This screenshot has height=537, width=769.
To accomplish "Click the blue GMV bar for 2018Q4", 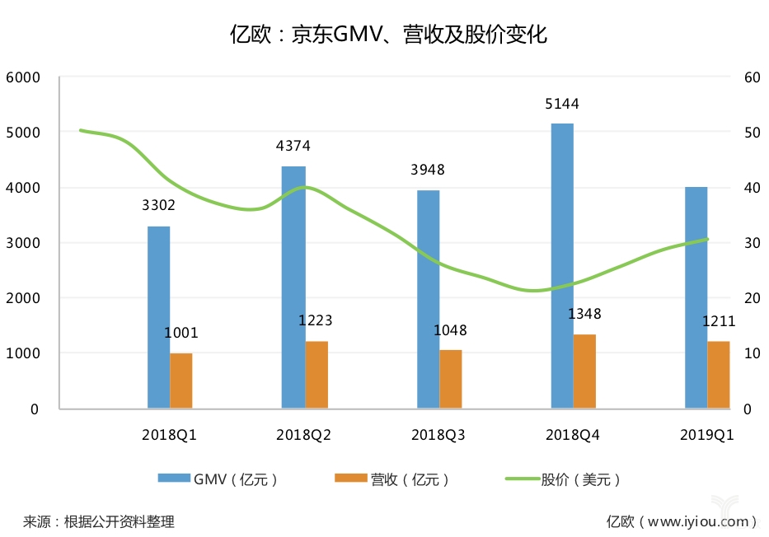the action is (562, 266).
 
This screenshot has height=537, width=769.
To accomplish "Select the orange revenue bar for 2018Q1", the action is (181, 381).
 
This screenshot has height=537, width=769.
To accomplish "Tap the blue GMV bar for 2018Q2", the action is (293, 287).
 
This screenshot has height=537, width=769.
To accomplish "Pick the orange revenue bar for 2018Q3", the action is (450, 379).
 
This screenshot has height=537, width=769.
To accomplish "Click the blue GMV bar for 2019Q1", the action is (696, 298).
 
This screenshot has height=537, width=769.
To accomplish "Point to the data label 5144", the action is (562, 104).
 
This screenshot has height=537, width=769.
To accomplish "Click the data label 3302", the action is (158, 205).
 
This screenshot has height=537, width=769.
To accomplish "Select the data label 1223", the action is (316, 320).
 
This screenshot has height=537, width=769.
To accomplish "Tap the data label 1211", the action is (719, 321).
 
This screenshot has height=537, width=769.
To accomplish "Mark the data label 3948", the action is (428, 170).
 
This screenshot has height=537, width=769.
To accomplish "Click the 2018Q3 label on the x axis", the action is (438, 435).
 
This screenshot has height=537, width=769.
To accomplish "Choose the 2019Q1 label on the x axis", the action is (706, 435).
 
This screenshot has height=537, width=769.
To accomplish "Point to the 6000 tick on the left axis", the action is (22, 77).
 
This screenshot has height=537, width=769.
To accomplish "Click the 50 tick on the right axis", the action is (752, 133).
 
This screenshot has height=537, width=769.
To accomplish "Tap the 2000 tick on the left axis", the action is (22, 298).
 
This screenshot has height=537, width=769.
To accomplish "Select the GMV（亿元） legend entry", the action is (218, 479).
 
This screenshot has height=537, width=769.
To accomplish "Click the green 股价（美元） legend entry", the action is (563, 479).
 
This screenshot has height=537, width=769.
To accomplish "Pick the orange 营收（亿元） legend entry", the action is (392, 479).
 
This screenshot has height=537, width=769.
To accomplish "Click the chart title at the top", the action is (388, 35).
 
